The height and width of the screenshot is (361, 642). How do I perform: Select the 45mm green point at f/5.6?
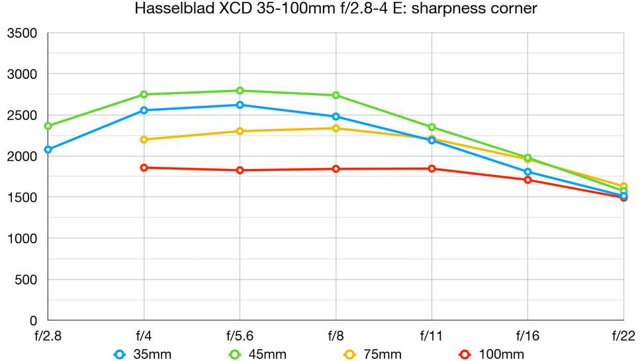(240, 91)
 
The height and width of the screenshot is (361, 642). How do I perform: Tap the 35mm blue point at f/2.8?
(48, 150)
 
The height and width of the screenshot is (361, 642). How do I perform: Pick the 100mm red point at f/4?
(144, 168)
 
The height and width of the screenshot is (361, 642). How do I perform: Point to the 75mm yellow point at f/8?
(336, 129)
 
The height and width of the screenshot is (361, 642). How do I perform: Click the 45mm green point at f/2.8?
(48, 126)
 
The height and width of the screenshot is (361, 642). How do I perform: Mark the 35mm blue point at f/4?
(144, 110)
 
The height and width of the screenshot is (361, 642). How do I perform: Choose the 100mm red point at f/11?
(432, 168)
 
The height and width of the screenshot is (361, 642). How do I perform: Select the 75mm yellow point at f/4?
(144, 139)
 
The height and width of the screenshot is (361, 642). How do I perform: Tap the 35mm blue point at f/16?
(527, 172)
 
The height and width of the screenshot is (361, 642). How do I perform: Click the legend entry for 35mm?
(142, 354)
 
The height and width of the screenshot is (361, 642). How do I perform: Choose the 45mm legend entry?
(257, 354)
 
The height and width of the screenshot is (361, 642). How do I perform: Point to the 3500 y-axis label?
(23, 33)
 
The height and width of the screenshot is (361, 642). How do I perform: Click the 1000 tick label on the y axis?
(23, 238)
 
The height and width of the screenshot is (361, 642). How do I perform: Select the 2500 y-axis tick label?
(23, 115)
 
